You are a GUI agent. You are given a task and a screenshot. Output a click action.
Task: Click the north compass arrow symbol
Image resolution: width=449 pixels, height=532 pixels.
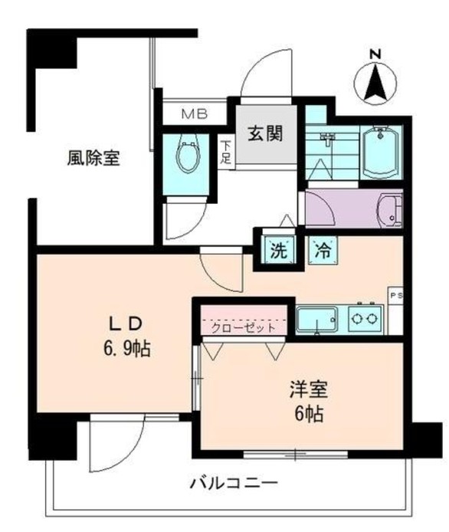[x=375, y=84]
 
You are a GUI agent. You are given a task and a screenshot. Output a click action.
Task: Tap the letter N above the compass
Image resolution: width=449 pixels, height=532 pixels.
[x=375, y=53]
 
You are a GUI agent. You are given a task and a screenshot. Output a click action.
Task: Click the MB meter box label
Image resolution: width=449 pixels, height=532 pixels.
[x=194, y=115]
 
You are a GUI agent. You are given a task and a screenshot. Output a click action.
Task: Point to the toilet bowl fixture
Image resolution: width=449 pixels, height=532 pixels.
[x=188, y=156]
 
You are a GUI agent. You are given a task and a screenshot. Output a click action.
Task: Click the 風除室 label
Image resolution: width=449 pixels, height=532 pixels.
[x=92, y=159]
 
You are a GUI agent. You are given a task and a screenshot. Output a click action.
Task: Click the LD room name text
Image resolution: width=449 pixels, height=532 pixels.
[x=125, y=322]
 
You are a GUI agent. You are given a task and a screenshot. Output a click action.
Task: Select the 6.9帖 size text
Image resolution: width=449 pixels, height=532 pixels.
[x=125, y=349]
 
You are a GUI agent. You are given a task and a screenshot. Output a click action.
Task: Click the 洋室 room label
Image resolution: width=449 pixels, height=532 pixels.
[x=308, y=389]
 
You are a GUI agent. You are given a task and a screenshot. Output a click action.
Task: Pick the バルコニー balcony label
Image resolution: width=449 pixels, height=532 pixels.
[x=233, y=484]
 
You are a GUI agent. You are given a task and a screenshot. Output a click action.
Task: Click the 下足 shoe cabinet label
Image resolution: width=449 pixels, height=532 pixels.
[x=226, y=152]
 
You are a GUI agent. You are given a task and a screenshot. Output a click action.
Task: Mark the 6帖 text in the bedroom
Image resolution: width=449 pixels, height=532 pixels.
[x=308, y=416]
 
